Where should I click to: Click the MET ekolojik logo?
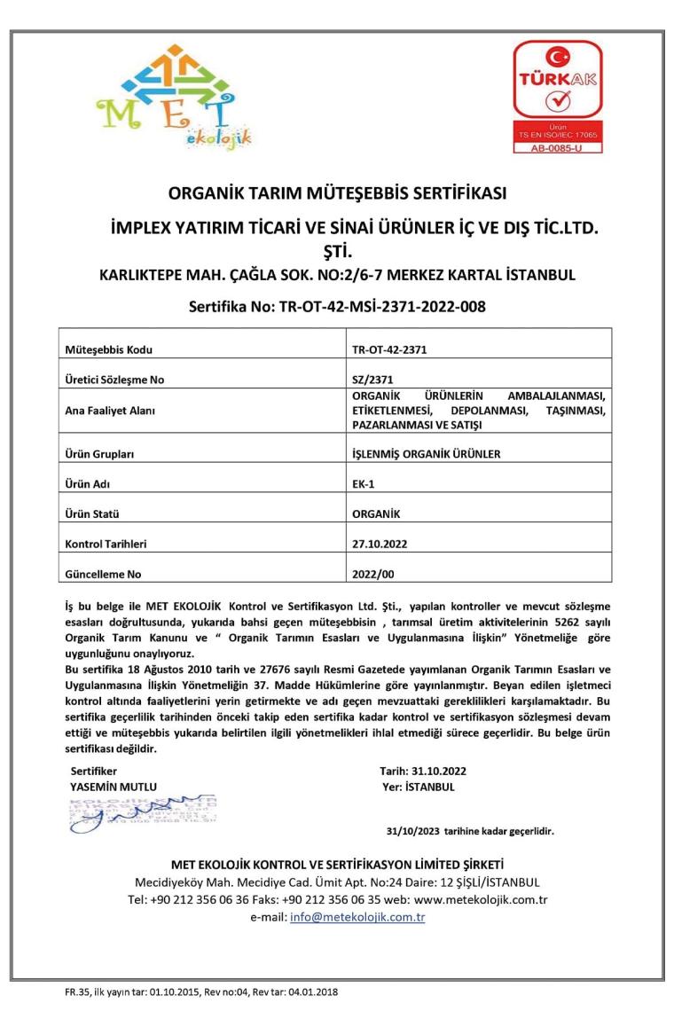click(175, 96)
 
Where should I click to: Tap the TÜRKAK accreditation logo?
click(558, 96)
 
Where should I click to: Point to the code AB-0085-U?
click(558, 148)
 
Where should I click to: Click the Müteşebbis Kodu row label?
click(103, 349)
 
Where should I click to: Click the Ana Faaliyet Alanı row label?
click(108, 410)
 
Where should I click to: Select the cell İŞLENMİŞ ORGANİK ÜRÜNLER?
click(427, 454)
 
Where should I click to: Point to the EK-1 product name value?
click(364, 484)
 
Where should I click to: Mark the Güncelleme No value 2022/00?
click(373, 574)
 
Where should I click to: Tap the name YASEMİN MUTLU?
click(113, 786)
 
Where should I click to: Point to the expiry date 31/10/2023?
click(414, 832)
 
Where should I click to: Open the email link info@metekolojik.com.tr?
click(357, 917)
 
